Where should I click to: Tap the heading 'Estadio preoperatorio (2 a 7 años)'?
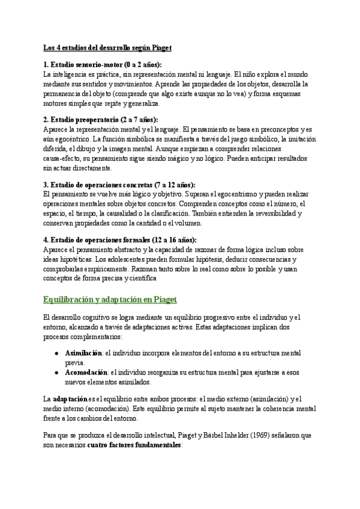pyautogui.click(x=106, y=119)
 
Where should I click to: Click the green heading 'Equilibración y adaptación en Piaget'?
pyautogui.click(x=110, y=299)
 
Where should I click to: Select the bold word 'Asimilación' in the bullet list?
pyautogui.click(x=83, y=353)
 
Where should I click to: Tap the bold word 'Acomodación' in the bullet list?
pyautogui.click(x=85, y=373)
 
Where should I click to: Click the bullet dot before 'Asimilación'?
pyautogui.click(x=56, y=353)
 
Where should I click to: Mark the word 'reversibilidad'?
pyautogui.click(x=271, y=213)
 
